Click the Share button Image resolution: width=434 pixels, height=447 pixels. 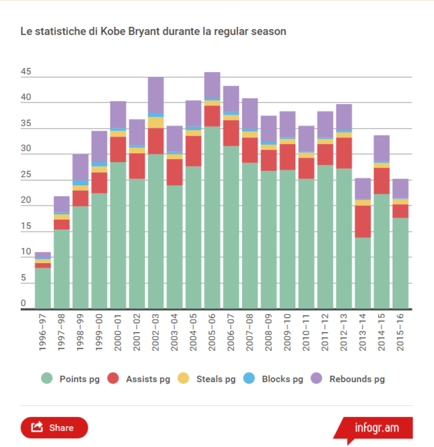click(x=54, y=427)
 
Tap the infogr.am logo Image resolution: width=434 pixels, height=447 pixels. click(x=376, y=428)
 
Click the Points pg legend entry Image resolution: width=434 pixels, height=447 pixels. click(x=70, y=379)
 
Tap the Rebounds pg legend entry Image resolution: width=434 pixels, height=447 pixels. click(x=349, y=379)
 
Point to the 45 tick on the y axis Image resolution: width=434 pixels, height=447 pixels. click(x=26, y=73)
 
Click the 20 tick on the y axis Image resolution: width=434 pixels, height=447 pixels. click(x=26, y=201)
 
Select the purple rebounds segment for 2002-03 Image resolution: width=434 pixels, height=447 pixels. click(x=156, y=95)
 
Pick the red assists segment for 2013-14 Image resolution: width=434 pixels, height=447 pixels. click(x=363, y=221)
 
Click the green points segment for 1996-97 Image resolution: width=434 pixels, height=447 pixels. click(x=43, y=288)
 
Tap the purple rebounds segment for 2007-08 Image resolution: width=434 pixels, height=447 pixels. click(x=250, y=114)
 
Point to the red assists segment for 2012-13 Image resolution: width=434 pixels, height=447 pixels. click(x=344, y=153)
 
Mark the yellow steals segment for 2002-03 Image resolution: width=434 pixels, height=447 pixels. click(x=156, y=122)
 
